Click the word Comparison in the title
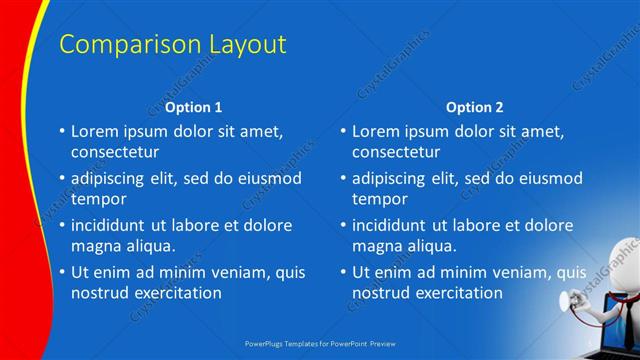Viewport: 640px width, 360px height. [x=118, y=44]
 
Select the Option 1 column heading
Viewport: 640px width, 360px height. [x=194, y=107]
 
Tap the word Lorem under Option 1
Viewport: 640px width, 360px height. [x=95, y=131]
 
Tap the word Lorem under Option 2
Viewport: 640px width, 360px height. [x=376, y=131]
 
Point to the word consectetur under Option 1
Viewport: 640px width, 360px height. [x=115, y=152]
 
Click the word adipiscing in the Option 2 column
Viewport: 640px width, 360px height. [x=395, y=178]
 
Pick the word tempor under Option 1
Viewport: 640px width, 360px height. [x=98, y=199]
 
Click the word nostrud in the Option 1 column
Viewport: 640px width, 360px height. [x=98, y=293]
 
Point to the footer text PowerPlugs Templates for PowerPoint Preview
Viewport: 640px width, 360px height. [x=320, y=342]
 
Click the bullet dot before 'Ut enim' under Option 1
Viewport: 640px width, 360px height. [x=62, y=272]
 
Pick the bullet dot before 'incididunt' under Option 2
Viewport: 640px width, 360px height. [x=343, y=225]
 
